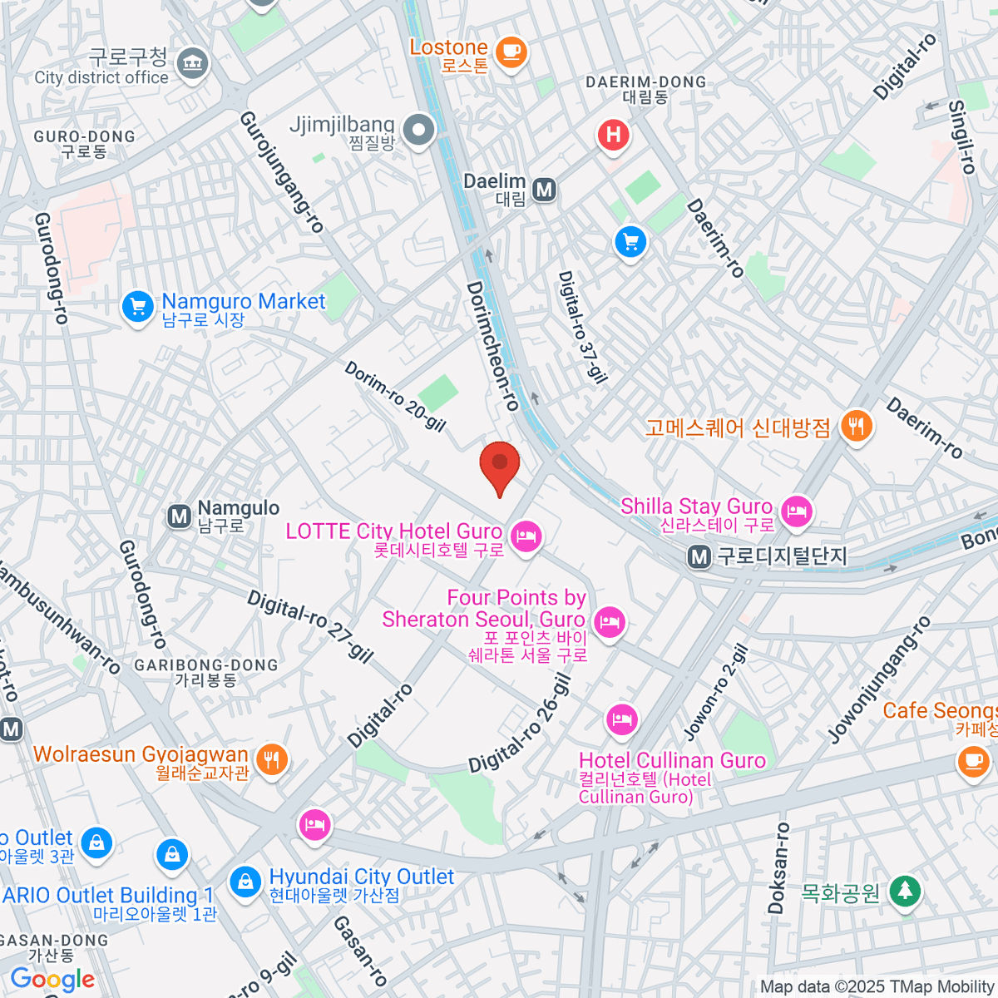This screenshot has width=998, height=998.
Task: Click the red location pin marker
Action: [500, 467]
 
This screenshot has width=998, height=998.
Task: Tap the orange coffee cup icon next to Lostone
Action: [511, 52]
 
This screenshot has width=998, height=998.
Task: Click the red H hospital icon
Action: [614, 135]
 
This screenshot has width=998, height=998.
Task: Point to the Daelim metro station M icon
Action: [545, 190]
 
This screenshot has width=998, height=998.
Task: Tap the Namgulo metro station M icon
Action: [179, 516]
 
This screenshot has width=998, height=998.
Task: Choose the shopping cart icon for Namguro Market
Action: [137, 307]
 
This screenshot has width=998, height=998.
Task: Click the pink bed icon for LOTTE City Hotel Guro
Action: [526, 536]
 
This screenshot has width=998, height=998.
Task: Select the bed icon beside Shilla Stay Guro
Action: [797, 511]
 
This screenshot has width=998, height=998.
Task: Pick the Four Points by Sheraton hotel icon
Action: [610, 621]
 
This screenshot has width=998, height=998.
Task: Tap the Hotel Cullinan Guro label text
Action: [672, 760]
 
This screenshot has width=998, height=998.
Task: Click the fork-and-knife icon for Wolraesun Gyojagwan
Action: [271, 759]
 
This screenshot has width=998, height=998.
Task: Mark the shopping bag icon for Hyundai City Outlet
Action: [245, 881]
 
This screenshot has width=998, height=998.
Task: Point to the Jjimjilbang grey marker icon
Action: [418, 130]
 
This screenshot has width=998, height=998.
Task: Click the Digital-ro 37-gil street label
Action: [581, 327]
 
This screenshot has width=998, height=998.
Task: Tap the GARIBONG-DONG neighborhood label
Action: [206, 665]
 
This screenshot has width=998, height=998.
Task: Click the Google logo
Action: [52, 979]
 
